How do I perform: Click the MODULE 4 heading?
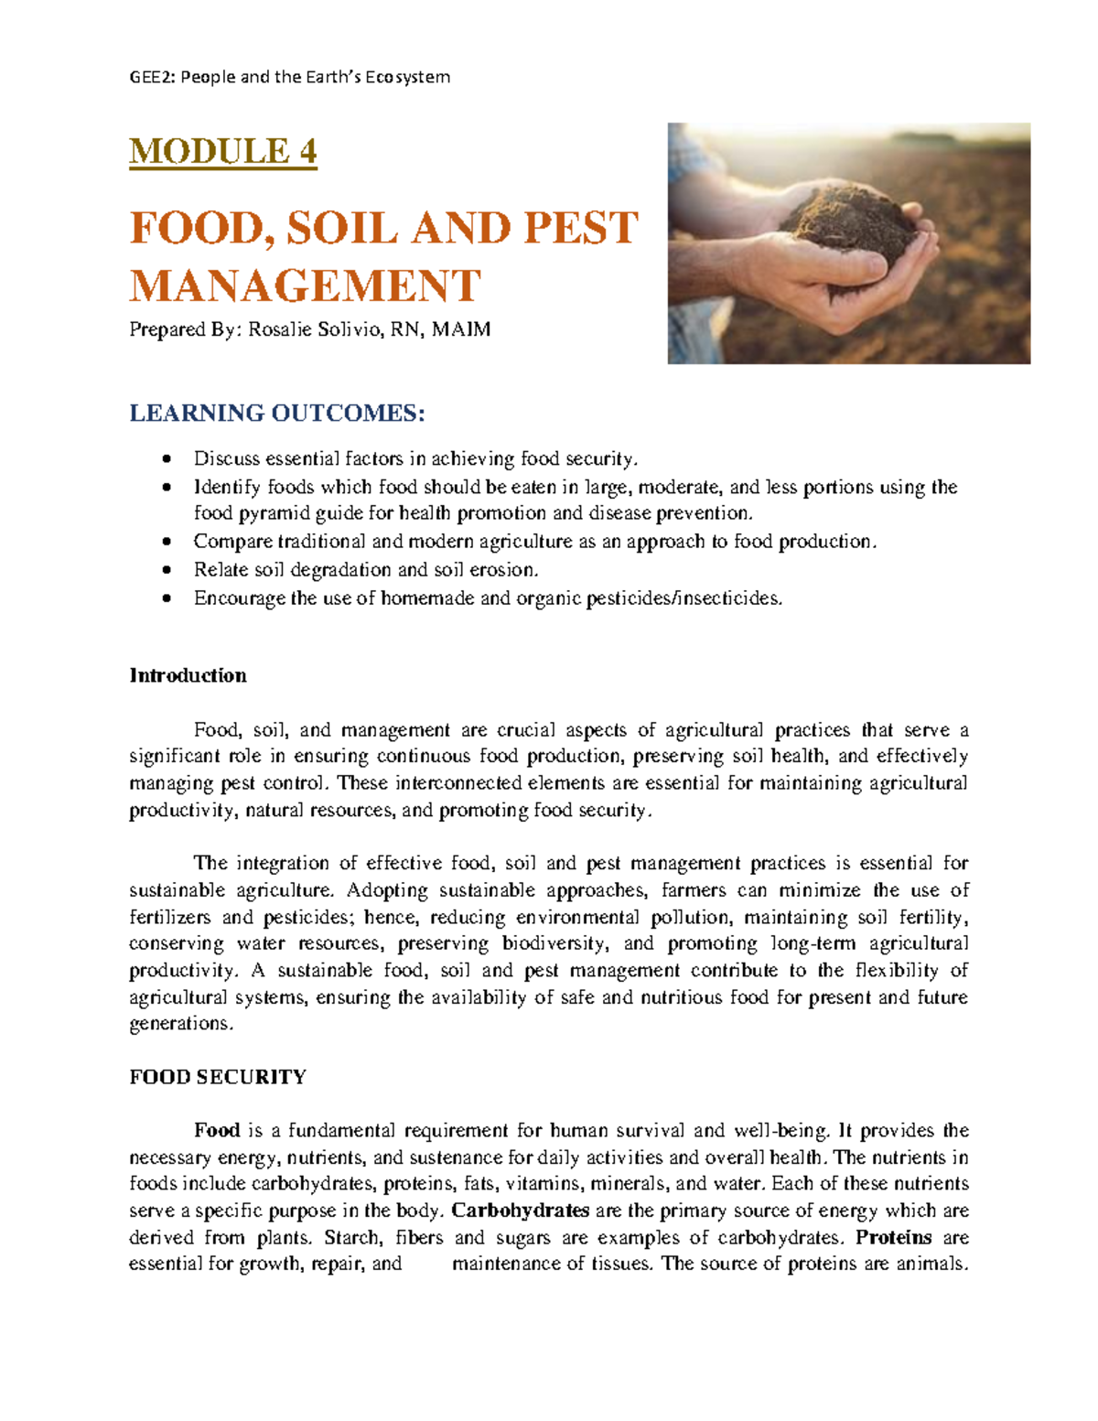[x=222, y=151]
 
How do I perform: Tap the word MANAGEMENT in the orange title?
[x=305, y=285]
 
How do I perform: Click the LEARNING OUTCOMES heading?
[x=277, y=414]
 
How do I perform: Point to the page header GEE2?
[x=152, y=77]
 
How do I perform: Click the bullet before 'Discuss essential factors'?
[x=166, y=458]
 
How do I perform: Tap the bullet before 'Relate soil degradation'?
[x=166, y=570]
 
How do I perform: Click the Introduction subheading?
[x=188, y=675]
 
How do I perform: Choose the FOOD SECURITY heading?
[x=218, y=1077]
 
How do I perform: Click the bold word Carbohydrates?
[x=521, y=1211]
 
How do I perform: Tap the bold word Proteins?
[x=893, y=1237]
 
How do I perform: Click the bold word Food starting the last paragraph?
[x=217, y=1130]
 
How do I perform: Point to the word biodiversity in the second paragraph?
[x=554, y=943]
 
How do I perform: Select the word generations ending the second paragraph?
[x=180, y=1024]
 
